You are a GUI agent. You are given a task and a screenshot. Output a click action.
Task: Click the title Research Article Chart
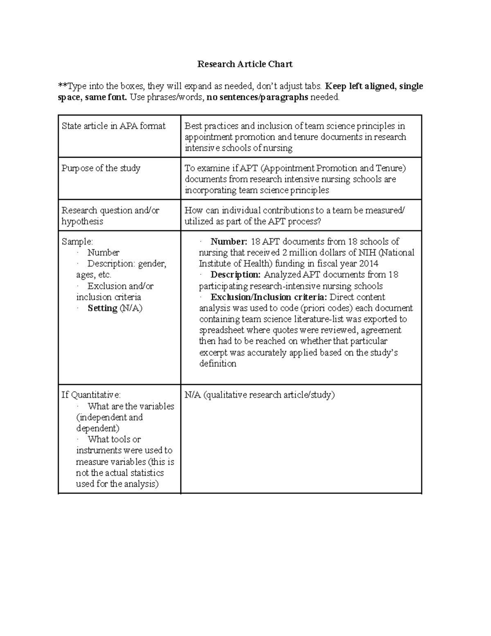(x=245, y=64)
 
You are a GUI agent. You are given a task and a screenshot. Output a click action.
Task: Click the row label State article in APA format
(x=113, y=126)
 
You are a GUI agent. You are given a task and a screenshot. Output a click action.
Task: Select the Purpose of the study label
(x=101, y=168)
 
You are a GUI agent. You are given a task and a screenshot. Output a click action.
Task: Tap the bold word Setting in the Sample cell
(x=102, y=308)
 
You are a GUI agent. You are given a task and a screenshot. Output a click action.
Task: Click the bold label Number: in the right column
(x=229, y=242)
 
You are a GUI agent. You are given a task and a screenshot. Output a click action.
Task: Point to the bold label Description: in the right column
(x=235, y=275)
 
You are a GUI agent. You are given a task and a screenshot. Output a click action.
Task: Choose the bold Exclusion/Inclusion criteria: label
(x=268, y=297)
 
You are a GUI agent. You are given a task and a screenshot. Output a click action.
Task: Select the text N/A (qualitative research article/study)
(x=259, y=395)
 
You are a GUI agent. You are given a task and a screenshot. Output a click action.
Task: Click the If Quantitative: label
(x=91, y=395)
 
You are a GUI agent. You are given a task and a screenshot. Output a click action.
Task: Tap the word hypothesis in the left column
(x=82, y=222)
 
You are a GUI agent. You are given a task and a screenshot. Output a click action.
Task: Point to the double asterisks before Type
(x=62, y=86)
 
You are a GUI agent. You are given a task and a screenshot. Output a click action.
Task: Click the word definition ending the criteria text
(x=217, y=364)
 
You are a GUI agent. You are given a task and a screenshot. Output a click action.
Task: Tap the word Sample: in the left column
(x=77, y=242)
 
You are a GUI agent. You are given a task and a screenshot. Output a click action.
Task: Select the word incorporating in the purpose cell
(x=210, y=190)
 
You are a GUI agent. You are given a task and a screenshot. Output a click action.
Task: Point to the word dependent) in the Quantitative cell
(x=97, y=428)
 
